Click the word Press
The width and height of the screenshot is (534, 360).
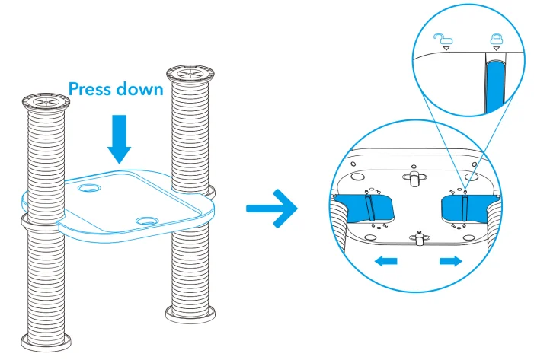pos(92,88)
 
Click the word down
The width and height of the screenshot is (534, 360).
pos(140,88)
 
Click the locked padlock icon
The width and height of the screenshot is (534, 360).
pos(496,37)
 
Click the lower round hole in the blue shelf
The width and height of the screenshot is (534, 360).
pos(145,221)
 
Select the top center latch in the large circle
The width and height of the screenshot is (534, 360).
pos(415,177)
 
